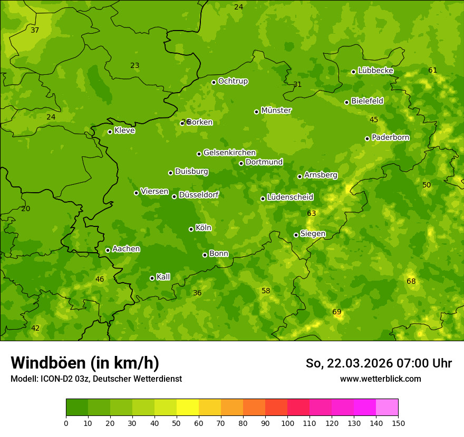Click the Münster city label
pos(276,111)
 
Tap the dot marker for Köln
pos(191,229)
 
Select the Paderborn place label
pos(390,137)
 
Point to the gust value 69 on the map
pos(337,312)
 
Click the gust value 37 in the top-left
pos(35,30)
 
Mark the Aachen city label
pos(126,249)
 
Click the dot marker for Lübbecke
pos(353,72)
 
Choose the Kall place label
pos(163,277)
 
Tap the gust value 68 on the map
pos(411,282)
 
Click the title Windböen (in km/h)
pos(85,363)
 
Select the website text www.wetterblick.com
pos(380,379)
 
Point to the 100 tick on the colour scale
pos(287,423)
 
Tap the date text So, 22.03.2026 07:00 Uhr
pos(379,363)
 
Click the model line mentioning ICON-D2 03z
pos(96,379)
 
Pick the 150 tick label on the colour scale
pos(398,423)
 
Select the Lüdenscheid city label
pos(290,197)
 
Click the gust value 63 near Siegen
pos(311,213)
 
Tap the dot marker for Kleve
pos(110,132)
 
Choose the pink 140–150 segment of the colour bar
pos(387,408)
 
